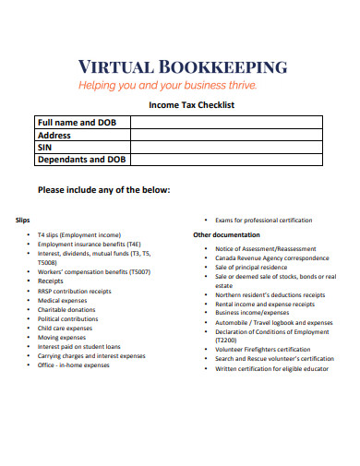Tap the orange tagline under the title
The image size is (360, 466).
[180, 86]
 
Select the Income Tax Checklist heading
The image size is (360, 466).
[192, 105]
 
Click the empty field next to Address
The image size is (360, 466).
[225, 135]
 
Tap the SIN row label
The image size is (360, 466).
[43, 147]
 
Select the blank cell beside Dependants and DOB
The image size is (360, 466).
[225, 160]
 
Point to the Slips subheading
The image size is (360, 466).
[24, 220]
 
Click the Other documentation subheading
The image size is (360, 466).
[225, 234]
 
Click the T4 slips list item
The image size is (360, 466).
[79, 234]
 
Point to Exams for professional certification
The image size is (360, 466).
[263, 221]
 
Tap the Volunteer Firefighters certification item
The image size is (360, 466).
[262, 350]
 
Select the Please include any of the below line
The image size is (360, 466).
[103, 190]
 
